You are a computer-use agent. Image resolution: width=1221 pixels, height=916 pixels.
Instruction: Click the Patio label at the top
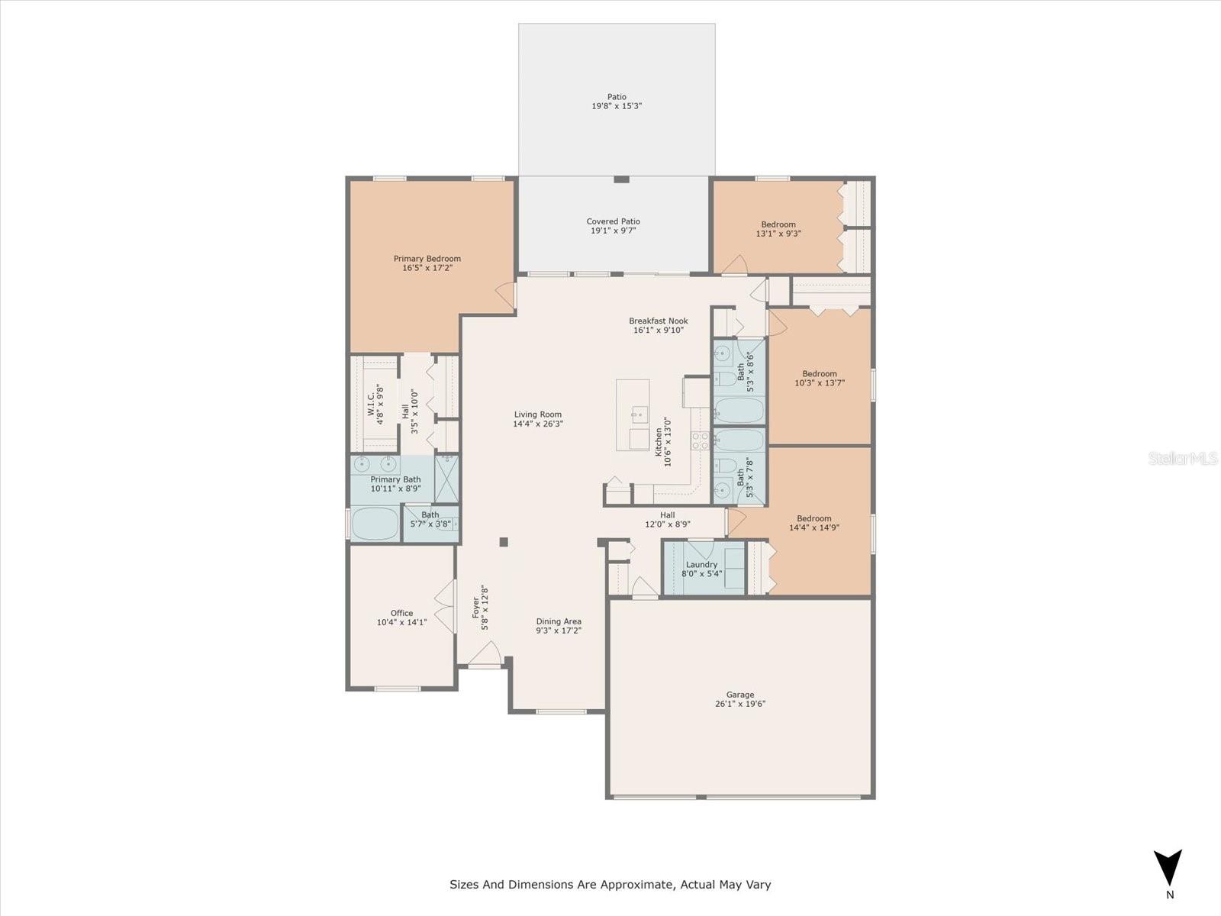pyautogui.click(x=617, y=97)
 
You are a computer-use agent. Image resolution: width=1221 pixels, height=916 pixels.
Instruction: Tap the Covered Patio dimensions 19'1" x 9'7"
pyautogui.click(x=613, y=231)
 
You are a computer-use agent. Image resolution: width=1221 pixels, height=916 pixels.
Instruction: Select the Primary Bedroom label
pyautogui.click(x=427, y=259)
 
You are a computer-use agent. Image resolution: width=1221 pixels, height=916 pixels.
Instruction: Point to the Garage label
pyautogui.click(x=739, y=695)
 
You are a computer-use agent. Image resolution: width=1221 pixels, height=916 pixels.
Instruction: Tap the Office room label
pyautogui.click(x=401, y=613)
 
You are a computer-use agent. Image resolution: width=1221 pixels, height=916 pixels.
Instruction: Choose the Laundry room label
pyautogui.click(x=701, y=565)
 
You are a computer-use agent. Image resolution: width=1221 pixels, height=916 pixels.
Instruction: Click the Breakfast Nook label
pyautogui.click(x=658, y=321)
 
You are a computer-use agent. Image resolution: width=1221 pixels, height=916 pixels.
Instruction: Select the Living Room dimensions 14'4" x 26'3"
pyautogui.click(x=537, y=423)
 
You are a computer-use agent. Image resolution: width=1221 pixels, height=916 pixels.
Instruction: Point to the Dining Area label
pyautogui.click(x=559, y=621)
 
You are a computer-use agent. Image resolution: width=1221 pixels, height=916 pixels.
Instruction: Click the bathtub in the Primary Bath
pyautogui.click(x=375, y=523)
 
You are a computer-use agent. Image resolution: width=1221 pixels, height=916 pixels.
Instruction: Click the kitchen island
pyautogui.click(x=633, y=415)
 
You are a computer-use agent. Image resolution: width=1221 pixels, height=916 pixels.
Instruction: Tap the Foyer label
pyautogui.click(x=476, y=608)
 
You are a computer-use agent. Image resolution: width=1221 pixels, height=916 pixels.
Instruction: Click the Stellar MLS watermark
pyautogui.click(x=1183, y=458)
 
